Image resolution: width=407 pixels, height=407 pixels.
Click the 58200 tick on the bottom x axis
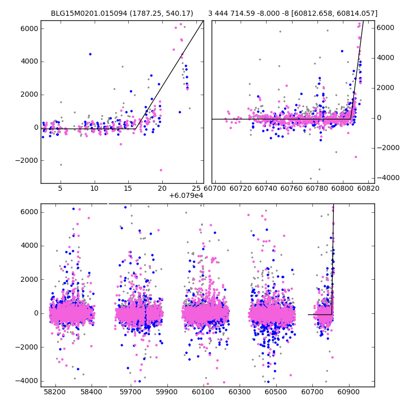tap(55, 392)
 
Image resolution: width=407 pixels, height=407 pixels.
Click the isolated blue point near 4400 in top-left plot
tap(90, 54)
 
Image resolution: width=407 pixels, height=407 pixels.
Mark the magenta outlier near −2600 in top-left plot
tap(161, 170)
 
